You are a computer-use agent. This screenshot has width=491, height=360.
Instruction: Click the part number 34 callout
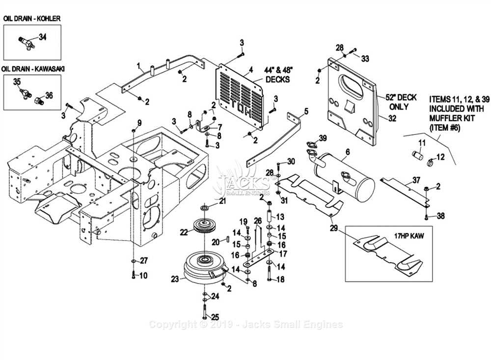pos(43,37)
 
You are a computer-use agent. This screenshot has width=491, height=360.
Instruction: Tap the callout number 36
pos(49,95)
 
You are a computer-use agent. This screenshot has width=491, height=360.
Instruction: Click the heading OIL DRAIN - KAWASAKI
pos(33,69)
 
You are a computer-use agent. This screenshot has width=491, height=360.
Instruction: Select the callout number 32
pos(392,118)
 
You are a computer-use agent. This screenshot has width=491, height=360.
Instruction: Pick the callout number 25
pos(215,317)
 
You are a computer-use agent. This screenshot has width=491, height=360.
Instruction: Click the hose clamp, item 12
pos(430,162)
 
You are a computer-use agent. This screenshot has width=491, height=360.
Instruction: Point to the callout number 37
pos(416,180)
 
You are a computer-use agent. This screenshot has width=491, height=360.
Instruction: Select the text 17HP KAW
pos(409,236)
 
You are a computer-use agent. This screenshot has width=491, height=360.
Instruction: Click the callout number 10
pos(143,276)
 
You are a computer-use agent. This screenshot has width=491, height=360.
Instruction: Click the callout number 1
pos(138,66)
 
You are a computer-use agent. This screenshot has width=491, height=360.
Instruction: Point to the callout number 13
pos(280,217)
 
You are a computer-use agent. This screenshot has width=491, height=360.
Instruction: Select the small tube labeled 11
pos(417,155)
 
